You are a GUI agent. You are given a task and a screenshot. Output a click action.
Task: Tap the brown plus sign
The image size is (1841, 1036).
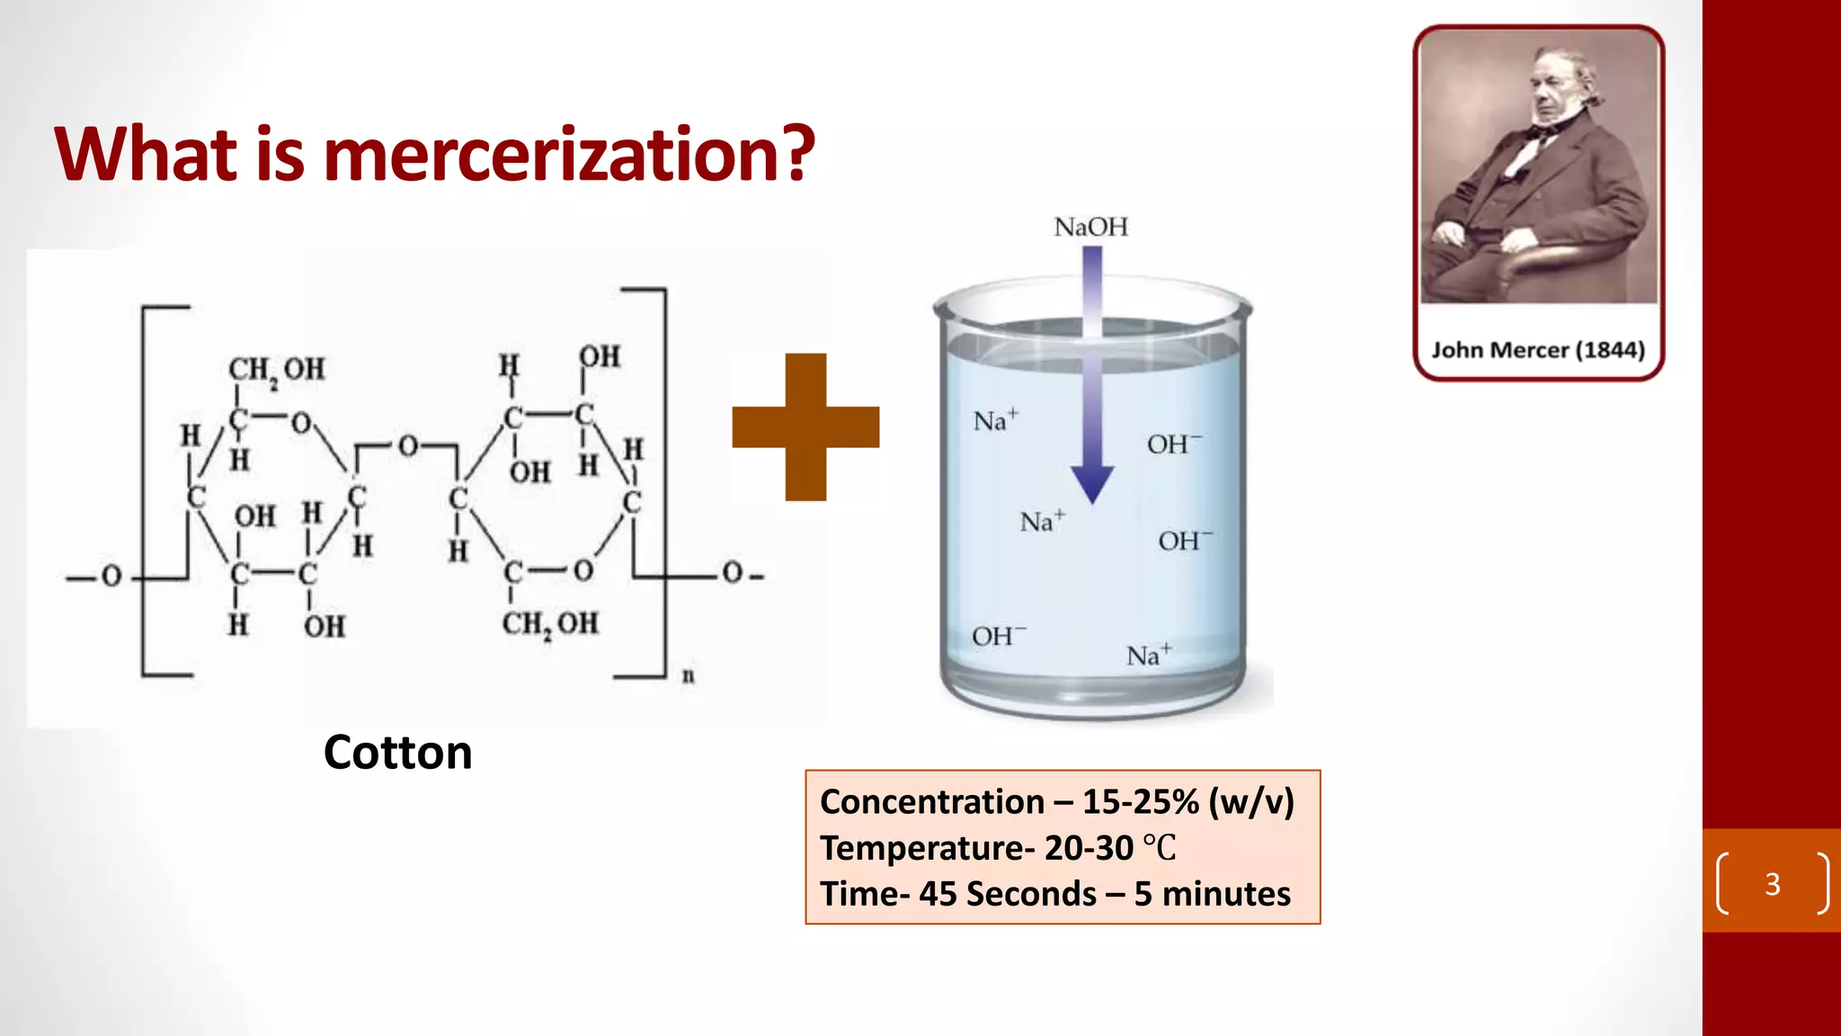[x=805, y=426]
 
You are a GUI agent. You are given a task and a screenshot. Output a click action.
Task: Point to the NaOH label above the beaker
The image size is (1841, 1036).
[x=1090, y=227]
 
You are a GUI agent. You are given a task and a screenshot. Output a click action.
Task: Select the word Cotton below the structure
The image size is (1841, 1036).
[x=397, y=752]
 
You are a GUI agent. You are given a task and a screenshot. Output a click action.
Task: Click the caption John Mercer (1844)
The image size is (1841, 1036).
[x=1538, y=350]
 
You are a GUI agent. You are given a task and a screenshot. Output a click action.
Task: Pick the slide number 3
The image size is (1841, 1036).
[x=1772, y=884]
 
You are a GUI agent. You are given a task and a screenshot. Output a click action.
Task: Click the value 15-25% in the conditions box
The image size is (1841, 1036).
[x=1140, y=801]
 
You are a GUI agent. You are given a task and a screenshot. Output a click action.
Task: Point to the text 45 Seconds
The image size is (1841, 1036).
[x=1007, y=894]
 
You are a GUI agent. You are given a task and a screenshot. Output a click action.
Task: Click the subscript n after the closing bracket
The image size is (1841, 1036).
[x=688, y=675]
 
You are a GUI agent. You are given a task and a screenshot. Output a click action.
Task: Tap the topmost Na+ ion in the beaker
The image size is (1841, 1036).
[x=995, y=420]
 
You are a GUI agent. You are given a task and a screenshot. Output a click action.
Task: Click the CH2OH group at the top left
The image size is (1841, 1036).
[x=276, y=369]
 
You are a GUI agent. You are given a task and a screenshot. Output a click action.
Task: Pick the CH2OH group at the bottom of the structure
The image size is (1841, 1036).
[x=549, y=623]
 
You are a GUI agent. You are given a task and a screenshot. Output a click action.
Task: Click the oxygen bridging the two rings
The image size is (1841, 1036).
[x=408, y=446]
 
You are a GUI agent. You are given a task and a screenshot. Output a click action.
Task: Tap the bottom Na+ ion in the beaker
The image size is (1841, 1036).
[x=1148, y=655]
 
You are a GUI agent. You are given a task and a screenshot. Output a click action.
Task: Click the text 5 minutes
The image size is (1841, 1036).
[x=1212, y=894]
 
